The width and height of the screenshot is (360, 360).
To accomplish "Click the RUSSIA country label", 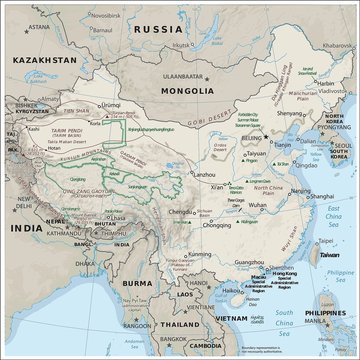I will tap(186, 28).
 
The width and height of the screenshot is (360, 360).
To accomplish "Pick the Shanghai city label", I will tap(293, 197).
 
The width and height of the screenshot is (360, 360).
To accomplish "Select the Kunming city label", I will tap(184, 256).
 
